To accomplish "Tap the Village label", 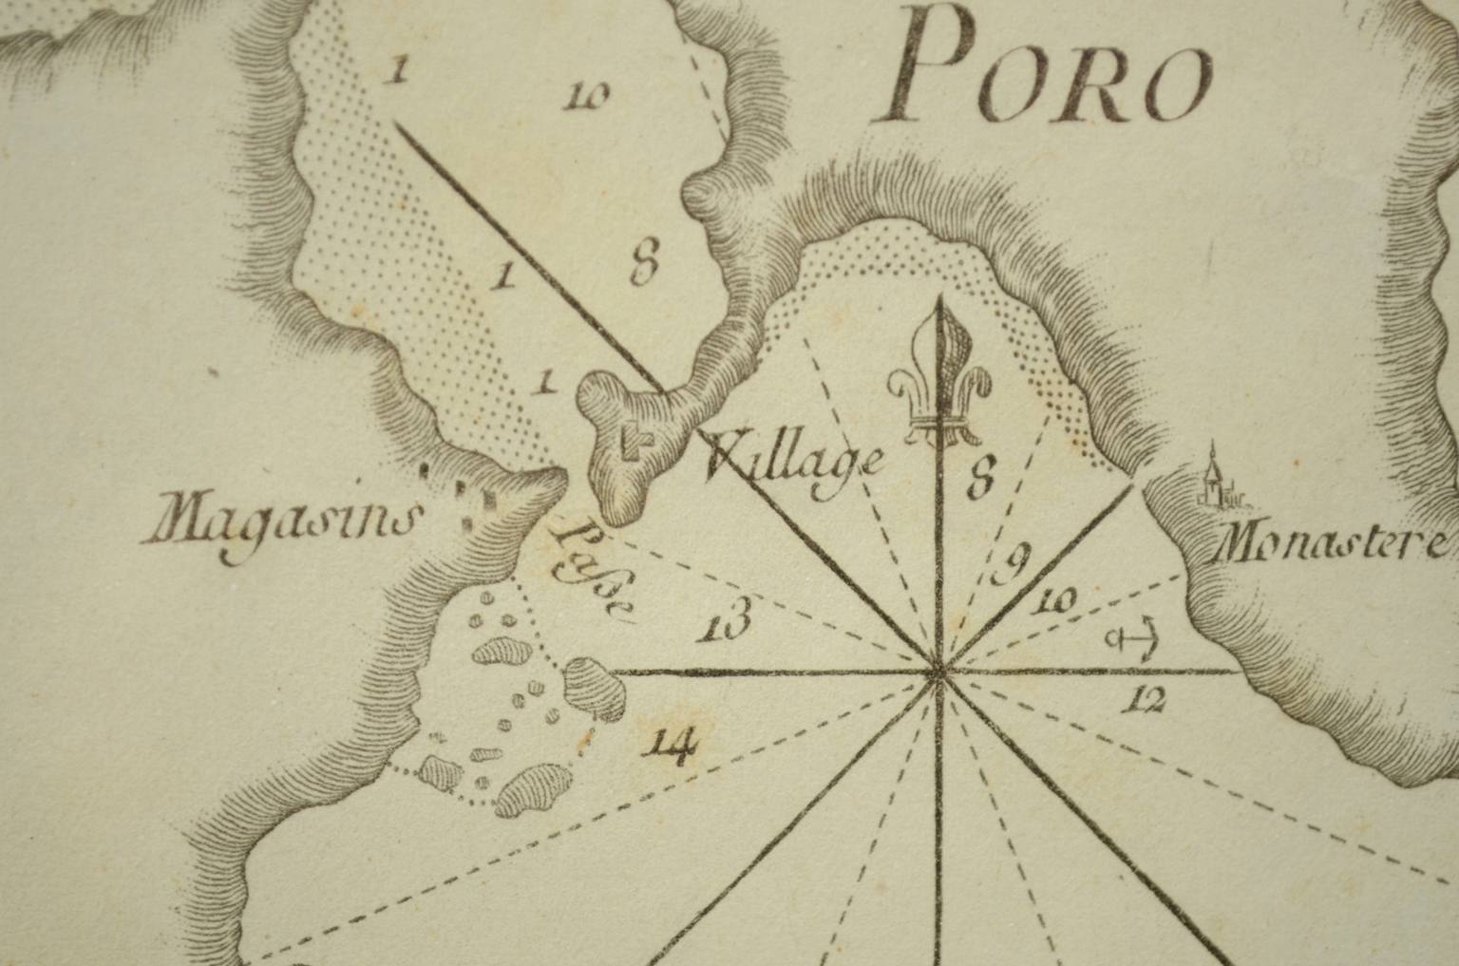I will [x=796, y=464].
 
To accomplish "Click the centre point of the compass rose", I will [x=939, y=672].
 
